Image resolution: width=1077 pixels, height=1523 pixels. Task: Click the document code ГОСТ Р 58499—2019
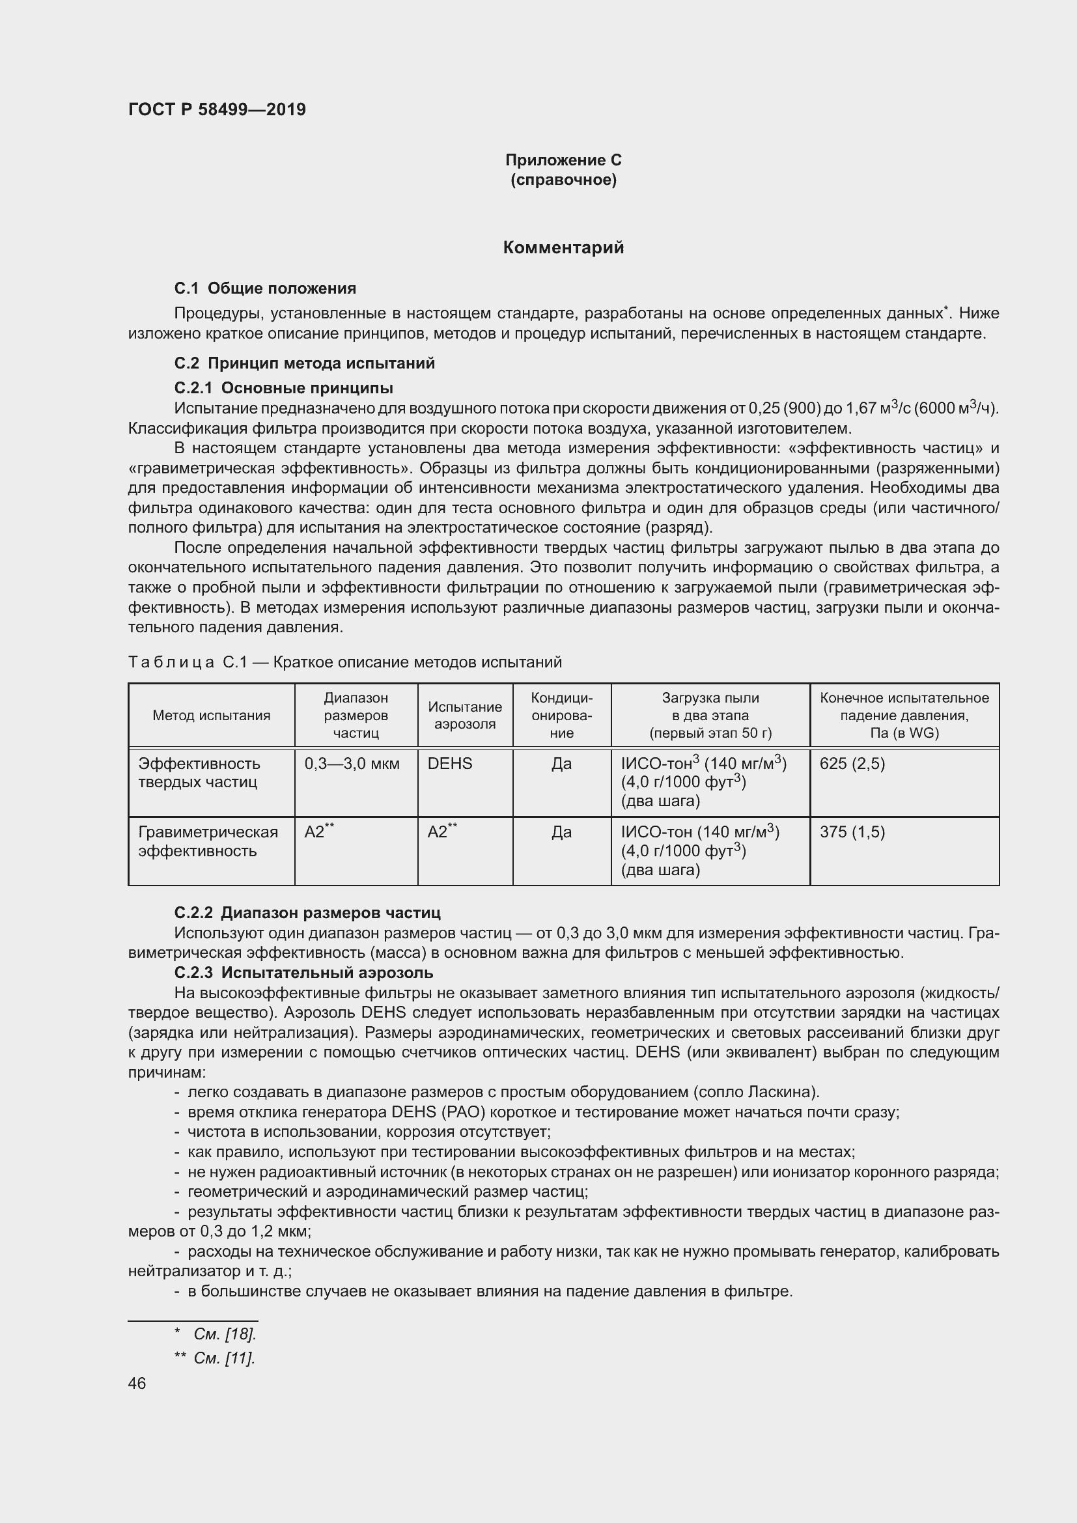pyautogui.click(x=217, y=109)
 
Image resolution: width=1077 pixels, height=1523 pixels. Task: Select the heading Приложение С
pyautogui.click(x=563, y=160)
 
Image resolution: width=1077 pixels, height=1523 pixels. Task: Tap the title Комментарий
pyautogui.click(x=563, y=247)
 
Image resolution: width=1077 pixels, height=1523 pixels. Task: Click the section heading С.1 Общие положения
pyautogui.click(x=265, y=288)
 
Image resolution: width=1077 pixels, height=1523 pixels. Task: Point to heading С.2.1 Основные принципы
pyautogui.click(x=283, y=387)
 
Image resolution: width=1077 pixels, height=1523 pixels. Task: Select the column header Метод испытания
pyautogui.click(x=211, y=715)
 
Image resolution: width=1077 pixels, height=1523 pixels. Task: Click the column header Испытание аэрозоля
pyautogui.click(x=465, y=715)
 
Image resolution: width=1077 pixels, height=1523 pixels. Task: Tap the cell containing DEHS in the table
pyautogui.click(x=450, y=764)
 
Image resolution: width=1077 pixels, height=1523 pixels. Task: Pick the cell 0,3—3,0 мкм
pyautogui.click(x=352, y=764)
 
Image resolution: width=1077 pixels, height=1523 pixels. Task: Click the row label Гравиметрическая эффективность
pyautogui.click(x=208, y=841)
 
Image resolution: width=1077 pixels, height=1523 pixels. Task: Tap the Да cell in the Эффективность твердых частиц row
pyautogui.click(x=561, y=764)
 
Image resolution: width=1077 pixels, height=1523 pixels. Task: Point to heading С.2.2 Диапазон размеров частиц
pyautogui.click(x=307, y=912)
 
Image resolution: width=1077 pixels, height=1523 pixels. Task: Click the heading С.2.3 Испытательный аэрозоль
pyautogui.click(x=303, y=972)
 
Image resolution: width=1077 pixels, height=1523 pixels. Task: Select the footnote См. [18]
pyautogui.click(x=224, y=1334)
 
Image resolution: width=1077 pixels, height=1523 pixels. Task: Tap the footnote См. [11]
pyautogui.click(x=223, y=1358)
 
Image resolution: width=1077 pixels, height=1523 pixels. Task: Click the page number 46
pyautogui.click(x=137, y=1383)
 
